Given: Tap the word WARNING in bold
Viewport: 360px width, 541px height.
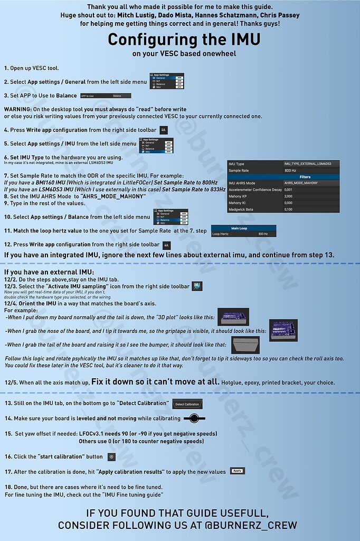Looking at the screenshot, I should click(17, 109).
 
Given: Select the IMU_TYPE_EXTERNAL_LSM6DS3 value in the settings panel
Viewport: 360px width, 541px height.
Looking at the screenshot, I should click(311, 164).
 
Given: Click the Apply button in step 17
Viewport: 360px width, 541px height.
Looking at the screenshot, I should click(238, 471).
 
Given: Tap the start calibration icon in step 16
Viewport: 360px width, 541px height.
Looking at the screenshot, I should click(111, 456).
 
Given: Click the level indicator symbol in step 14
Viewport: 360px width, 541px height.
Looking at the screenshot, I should click(194, 418).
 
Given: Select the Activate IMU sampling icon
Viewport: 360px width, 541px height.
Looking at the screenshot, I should click(197, 286).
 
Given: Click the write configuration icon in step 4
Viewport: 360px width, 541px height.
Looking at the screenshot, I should click(164, 129).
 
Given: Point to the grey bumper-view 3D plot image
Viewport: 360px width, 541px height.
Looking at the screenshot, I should click(245, 346).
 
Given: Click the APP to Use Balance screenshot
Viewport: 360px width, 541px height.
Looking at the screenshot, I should click(106, 96).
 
